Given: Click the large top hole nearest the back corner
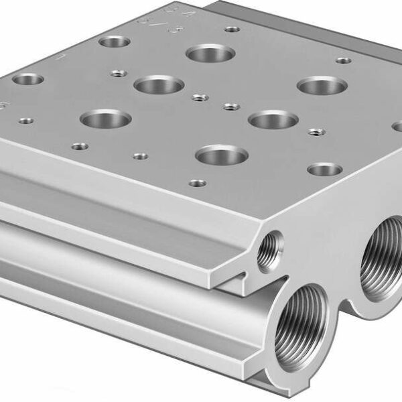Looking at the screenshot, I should click(x=210, y=53).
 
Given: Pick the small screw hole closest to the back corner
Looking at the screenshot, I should click(x=232, y=29).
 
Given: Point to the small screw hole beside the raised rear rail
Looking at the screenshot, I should click(x=343, y=61).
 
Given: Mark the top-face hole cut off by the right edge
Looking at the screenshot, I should click(x=397, y=126).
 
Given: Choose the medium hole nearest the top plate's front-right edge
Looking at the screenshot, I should click(x=325, y=169).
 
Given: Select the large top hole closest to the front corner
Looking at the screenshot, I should click(x=222, y=155).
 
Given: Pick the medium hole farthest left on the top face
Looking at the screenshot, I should click(x=27, y=79).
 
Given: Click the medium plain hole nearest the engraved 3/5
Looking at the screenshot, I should click(x=114, y=42).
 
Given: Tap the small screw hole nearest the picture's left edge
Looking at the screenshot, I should click(x=25, y=121).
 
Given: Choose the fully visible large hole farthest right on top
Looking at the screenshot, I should click(x=322, y=85).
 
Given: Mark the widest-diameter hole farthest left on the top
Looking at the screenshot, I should click(x=105, y=119).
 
